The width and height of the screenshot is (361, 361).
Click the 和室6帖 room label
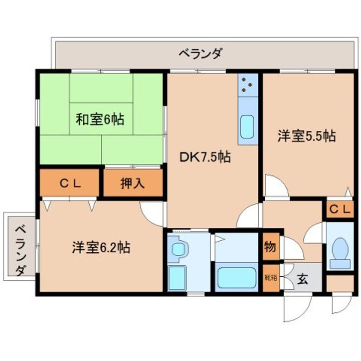pos(100,120)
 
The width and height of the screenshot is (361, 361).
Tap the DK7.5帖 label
pos(205,157)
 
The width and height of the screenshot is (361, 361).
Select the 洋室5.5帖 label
pos(307,136)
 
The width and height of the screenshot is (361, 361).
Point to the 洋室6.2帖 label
pos(101,247)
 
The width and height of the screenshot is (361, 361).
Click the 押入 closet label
pos(133,184)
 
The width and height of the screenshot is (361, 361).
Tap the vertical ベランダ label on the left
pos(20,251)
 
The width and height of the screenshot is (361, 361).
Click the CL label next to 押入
pos(70,184)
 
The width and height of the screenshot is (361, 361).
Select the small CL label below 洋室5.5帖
pos(340,210)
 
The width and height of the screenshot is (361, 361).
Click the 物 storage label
pos(269,247)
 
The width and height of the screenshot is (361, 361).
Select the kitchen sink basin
pos(247,127)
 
